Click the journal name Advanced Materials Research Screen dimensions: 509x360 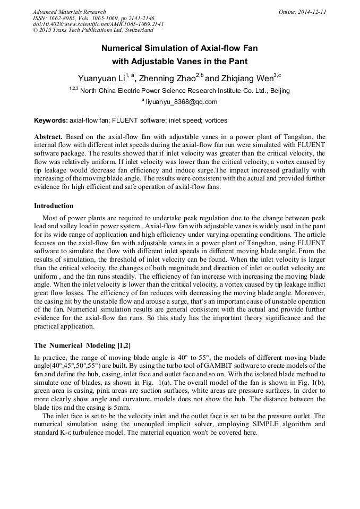(x=69, y=12)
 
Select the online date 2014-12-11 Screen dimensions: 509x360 (x=312, y=12)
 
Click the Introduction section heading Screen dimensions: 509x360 (x=54, y=206)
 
